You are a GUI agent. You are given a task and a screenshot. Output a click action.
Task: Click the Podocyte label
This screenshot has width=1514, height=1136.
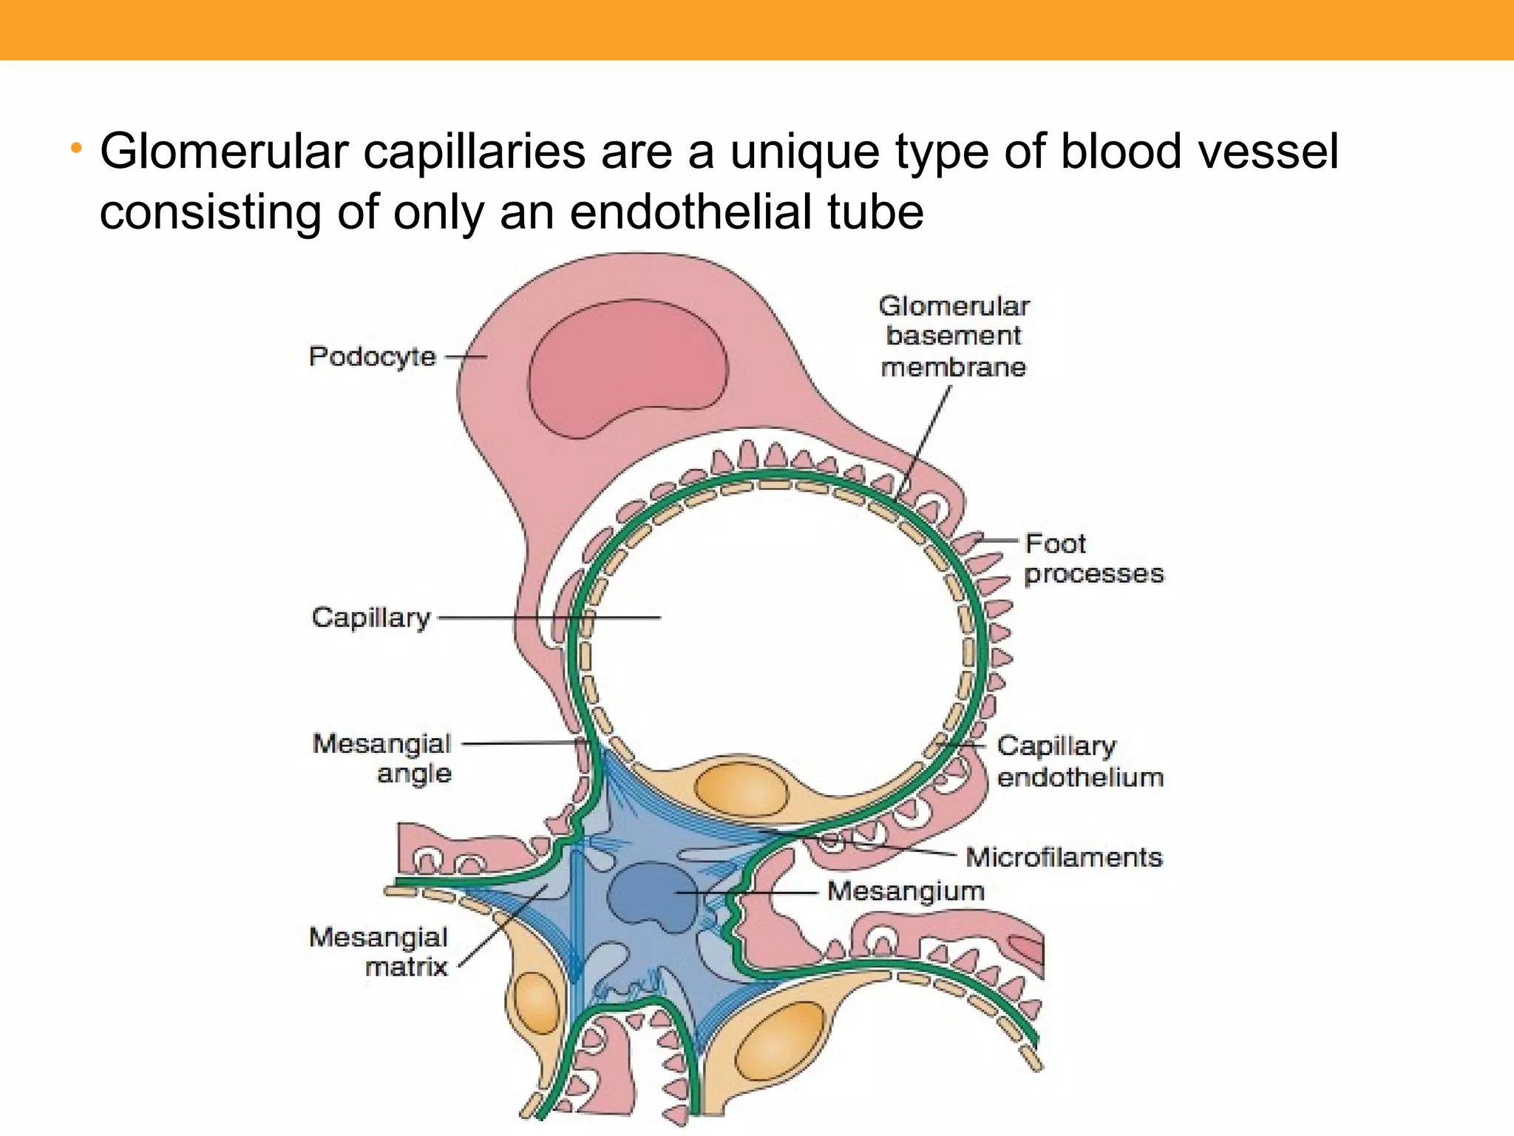(373, 356)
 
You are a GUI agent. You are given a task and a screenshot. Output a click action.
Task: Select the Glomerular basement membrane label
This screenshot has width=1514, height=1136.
(954, 337)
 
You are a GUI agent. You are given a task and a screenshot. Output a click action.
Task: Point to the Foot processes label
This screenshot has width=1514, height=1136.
(1093, 558)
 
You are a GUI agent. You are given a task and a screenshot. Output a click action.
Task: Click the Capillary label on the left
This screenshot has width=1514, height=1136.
(371, 618)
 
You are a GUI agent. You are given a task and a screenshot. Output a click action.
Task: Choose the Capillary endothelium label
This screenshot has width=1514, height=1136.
(1079, 761)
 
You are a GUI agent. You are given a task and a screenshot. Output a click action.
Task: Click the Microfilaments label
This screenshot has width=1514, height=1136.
(1064, 857)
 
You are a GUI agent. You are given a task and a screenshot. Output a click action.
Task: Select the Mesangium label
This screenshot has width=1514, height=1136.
(906, 891)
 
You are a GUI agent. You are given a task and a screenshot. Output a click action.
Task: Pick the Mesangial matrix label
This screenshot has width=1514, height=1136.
(379, 952)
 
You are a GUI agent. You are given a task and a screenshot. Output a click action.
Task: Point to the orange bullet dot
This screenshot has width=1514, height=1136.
(75, 149)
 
